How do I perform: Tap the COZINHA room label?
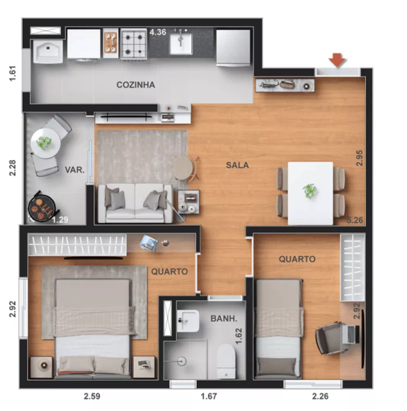(x=136, y=85)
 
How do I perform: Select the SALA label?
(x=237, y=165)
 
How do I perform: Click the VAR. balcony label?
(x=74, y=169)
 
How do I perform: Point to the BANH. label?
(x=223, y=318)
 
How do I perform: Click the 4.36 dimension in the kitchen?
(x=158, y=32)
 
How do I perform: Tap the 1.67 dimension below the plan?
(x=208, y=397)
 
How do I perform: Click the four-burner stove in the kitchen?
(x=133, y=43)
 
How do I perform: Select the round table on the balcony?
(x=44, y=143)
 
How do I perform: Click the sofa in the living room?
(x=135, y=203)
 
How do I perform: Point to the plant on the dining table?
(x=310, y=191)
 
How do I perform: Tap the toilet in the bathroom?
(x=225, y=360)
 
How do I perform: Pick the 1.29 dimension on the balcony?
(x=60, y=220)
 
